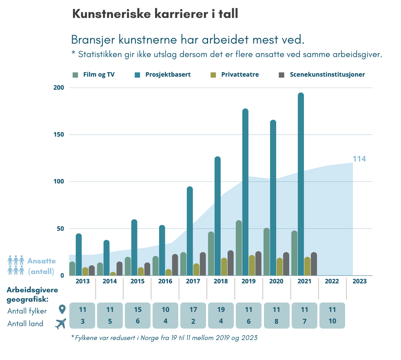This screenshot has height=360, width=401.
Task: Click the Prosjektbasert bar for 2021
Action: click(x=301, y=184)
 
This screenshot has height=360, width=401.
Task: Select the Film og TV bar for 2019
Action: click(x=239, y=248)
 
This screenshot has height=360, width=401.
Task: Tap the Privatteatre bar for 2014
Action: click(x=113, y=274)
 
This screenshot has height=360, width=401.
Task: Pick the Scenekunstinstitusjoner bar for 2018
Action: click(x=230, y=263)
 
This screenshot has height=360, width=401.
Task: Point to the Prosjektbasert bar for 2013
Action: click(x=79, y=254)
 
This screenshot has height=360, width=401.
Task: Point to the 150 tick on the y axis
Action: click(x=59, y=135)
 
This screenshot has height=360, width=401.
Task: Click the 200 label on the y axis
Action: click(x=59, y=88)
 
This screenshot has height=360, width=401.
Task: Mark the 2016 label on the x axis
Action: click(x=165, y=281)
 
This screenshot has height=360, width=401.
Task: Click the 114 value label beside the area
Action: click(x=359, y=159)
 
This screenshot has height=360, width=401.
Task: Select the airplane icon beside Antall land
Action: click(x=61, y=324)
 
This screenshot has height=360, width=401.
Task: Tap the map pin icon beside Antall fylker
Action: click(x=62, y=310)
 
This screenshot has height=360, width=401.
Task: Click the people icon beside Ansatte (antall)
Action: click(x=16, y=265)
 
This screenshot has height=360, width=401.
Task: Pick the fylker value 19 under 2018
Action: click(x=221, y=310)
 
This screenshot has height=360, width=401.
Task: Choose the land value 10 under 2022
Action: click(x=332, y=321)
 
